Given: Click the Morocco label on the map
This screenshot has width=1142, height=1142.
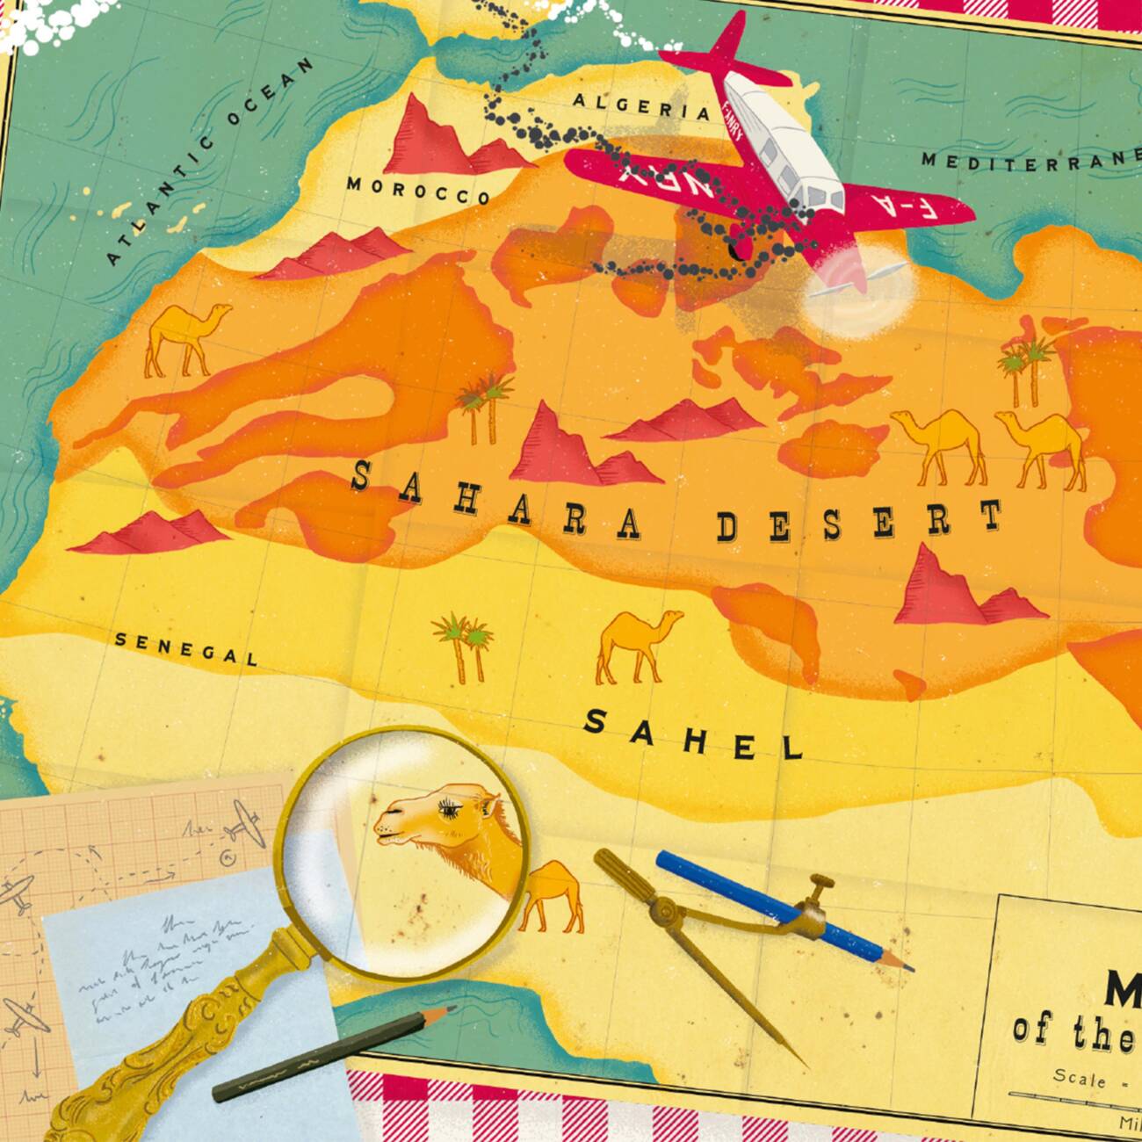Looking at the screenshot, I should coord(417,190).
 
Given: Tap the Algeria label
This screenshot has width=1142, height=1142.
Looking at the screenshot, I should coord(640,106).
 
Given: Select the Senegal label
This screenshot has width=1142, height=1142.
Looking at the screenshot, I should coord(186,649).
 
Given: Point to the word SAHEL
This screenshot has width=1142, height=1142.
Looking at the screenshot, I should coord(694,735).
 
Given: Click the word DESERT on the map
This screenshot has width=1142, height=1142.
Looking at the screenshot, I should coord(859,523).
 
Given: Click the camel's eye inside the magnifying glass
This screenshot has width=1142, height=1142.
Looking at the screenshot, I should coord(458,805).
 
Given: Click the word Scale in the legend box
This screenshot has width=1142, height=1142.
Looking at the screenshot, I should coord(1080,1077).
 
